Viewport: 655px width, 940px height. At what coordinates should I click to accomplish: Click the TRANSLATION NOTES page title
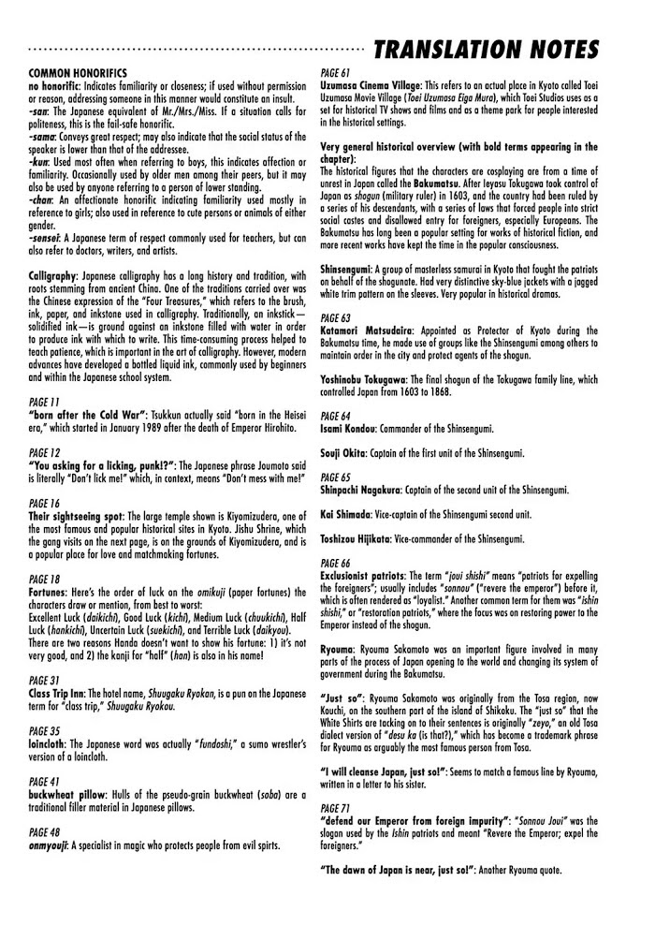486,48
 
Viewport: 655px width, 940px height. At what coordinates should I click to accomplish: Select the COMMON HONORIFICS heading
80,72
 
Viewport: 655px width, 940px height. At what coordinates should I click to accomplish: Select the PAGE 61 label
336,73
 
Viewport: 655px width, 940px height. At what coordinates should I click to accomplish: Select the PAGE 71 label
336,806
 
